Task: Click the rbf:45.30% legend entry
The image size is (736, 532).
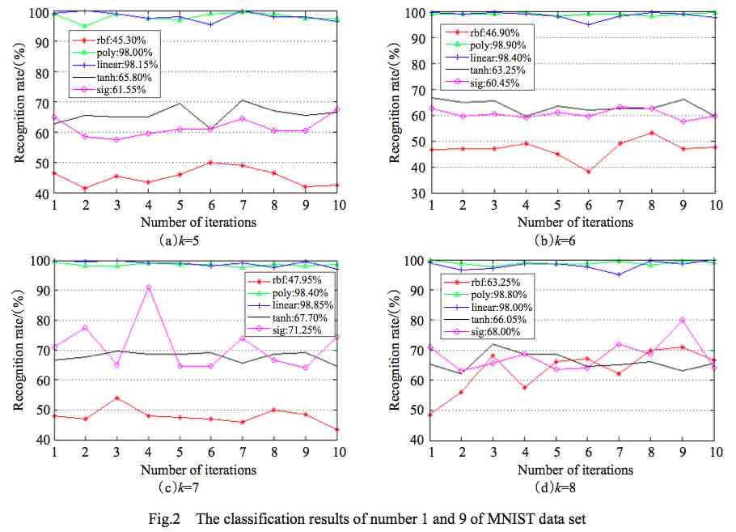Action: pos(110,40)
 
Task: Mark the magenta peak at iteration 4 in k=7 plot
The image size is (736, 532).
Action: pos(149,287)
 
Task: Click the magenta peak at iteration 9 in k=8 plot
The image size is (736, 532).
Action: pos(682,320)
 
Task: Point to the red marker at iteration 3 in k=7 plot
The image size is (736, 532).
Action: pos(117,398)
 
